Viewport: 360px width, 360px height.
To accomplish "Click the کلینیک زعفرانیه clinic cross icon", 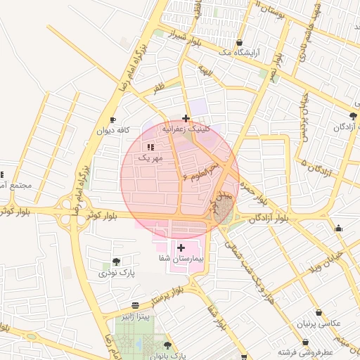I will [x=185, y=118].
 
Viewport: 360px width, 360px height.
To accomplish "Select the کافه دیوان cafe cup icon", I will [x=114, y=120].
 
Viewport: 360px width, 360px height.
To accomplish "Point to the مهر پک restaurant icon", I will [x=150, y=146].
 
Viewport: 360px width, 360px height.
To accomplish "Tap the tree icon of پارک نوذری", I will [x=116, y=262].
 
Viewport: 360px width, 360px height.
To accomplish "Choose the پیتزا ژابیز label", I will [x=135, y=316].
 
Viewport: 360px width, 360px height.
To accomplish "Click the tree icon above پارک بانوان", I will [x=167, y=345].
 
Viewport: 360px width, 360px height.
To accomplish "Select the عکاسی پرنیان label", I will [x=320, y=323].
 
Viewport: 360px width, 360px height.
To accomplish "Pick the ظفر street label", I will [x=159, y=89].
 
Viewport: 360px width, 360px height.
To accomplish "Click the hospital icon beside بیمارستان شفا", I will [x=181, y=247].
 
